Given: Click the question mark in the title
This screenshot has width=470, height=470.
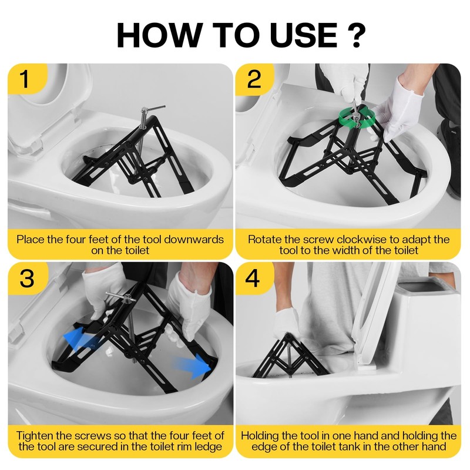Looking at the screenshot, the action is pyautogui.click(x=357, y=35).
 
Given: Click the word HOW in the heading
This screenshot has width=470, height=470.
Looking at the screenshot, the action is pyautogui.click(x=159, y=35).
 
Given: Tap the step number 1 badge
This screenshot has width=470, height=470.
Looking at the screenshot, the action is pyautogui.click(x=25, y=79).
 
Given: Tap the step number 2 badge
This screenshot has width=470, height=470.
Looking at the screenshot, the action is pyautogui.click(x=254, y=79).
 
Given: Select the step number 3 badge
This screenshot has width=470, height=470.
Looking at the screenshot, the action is pyautogui.click(x=27, y=278).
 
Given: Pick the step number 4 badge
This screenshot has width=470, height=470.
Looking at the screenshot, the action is pyautogui.click(x=253, y=278).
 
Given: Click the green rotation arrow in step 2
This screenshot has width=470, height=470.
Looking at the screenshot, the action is pyautogui.click(x=357, y=119).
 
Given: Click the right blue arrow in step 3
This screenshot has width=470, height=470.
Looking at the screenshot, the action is pyautogui.click(x=193, y=366).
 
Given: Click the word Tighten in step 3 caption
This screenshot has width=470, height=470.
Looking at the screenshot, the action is pyautogui.click(x=35, y=435).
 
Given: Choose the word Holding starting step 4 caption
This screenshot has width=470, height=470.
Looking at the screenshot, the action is pyautogui.click(x=260, y=435).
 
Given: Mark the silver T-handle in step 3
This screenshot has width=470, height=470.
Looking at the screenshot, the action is pyautogui.click(x=120, y=297).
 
